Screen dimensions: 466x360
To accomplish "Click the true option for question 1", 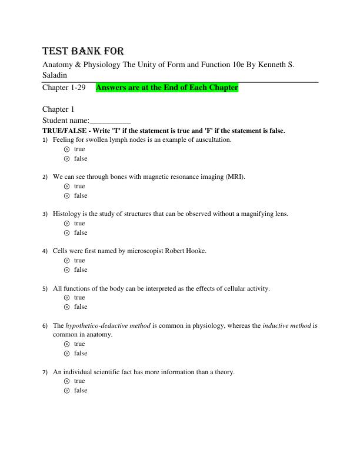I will (x=66, y=149).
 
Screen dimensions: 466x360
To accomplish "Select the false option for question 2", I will (x=66, y=196).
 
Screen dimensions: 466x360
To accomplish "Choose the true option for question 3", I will (x=66, y=224).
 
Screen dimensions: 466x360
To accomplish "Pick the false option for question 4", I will (x=66, y=270).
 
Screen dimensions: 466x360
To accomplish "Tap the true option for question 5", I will (x=66, y=298).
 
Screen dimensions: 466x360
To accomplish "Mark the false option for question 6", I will (x=66, y=354).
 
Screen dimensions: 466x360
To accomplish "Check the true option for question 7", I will (x=66, y=381).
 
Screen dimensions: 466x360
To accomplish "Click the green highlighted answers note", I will (x=166, y=88).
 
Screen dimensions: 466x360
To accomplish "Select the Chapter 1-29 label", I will (x=64, y=88).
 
